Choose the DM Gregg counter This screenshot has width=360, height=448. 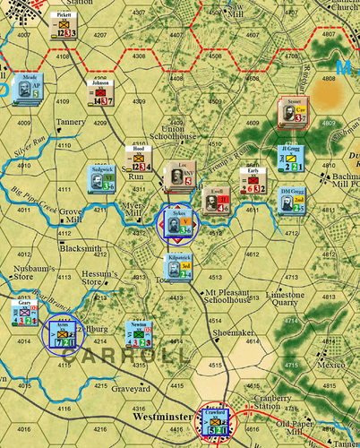(x=288, y=201)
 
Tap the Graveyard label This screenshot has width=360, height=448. (x=132, y=389)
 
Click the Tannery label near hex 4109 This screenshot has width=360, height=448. (x=69, y=122)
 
